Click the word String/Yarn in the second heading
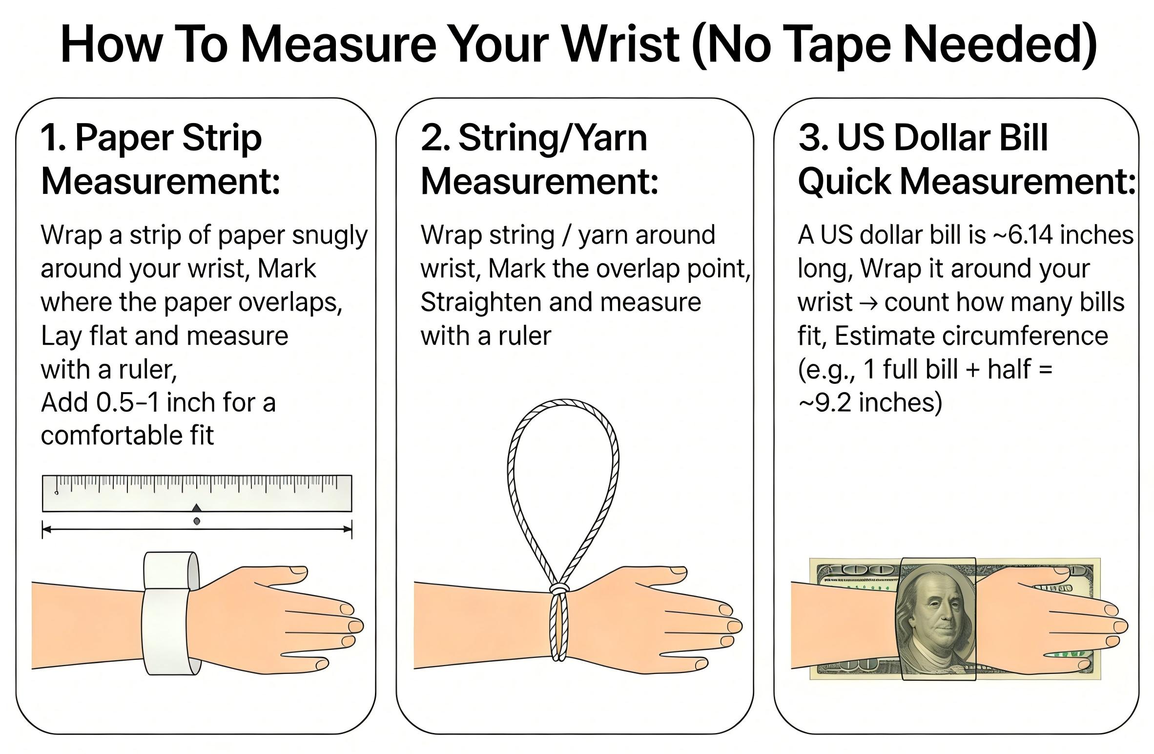click(553, 138)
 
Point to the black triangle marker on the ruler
click(196, 507)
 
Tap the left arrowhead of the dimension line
click(47, 529)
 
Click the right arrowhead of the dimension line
click(347, 529)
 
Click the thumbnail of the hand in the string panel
click(677, 570)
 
